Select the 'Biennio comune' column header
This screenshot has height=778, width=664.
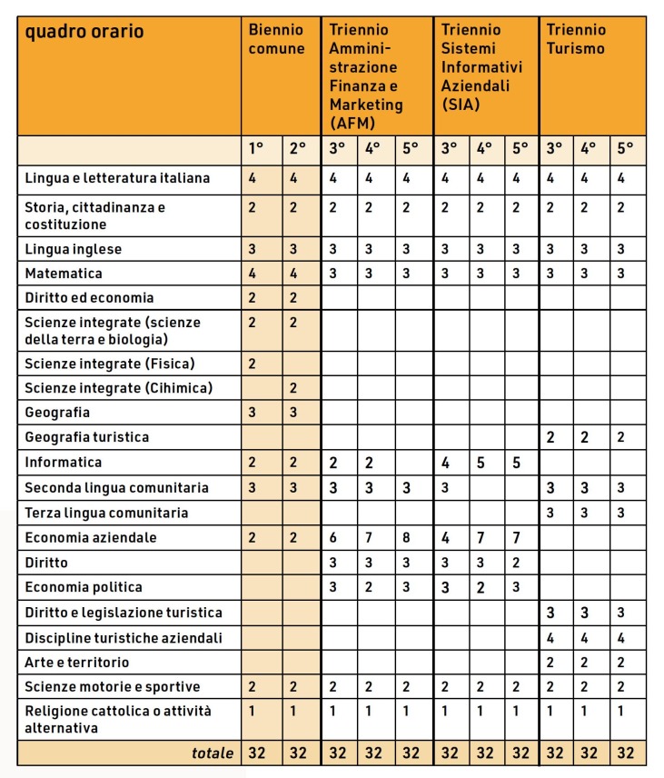276,39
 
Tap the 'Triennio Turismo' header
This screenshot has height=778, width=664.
576,39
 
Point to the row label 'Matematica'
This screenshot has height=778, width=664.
64,273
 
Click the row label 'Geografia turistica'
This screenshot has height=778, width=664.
87,437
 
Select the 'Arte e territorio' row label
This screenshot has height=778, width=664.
77,662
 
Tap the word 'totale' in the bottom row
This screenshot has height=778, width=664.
213,753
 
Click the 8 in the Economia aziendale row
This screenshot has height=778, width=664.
407,537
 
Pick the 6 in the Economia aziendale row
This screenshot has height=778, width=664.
333,537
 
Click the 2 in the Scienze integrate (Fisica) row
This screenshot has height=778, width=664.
252,364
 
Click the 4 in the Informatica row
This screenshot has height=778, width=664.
446,463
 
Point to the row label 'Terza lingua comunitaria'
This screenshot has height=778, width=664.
107,513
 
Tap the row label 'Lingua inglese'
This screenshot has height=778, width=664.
74,249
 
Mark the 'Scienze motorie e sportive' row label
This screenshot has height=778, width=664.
113,686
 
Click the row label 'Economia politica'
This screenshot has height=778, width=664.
84,587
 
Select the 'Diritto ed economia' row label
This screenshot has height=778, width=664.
90,297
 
